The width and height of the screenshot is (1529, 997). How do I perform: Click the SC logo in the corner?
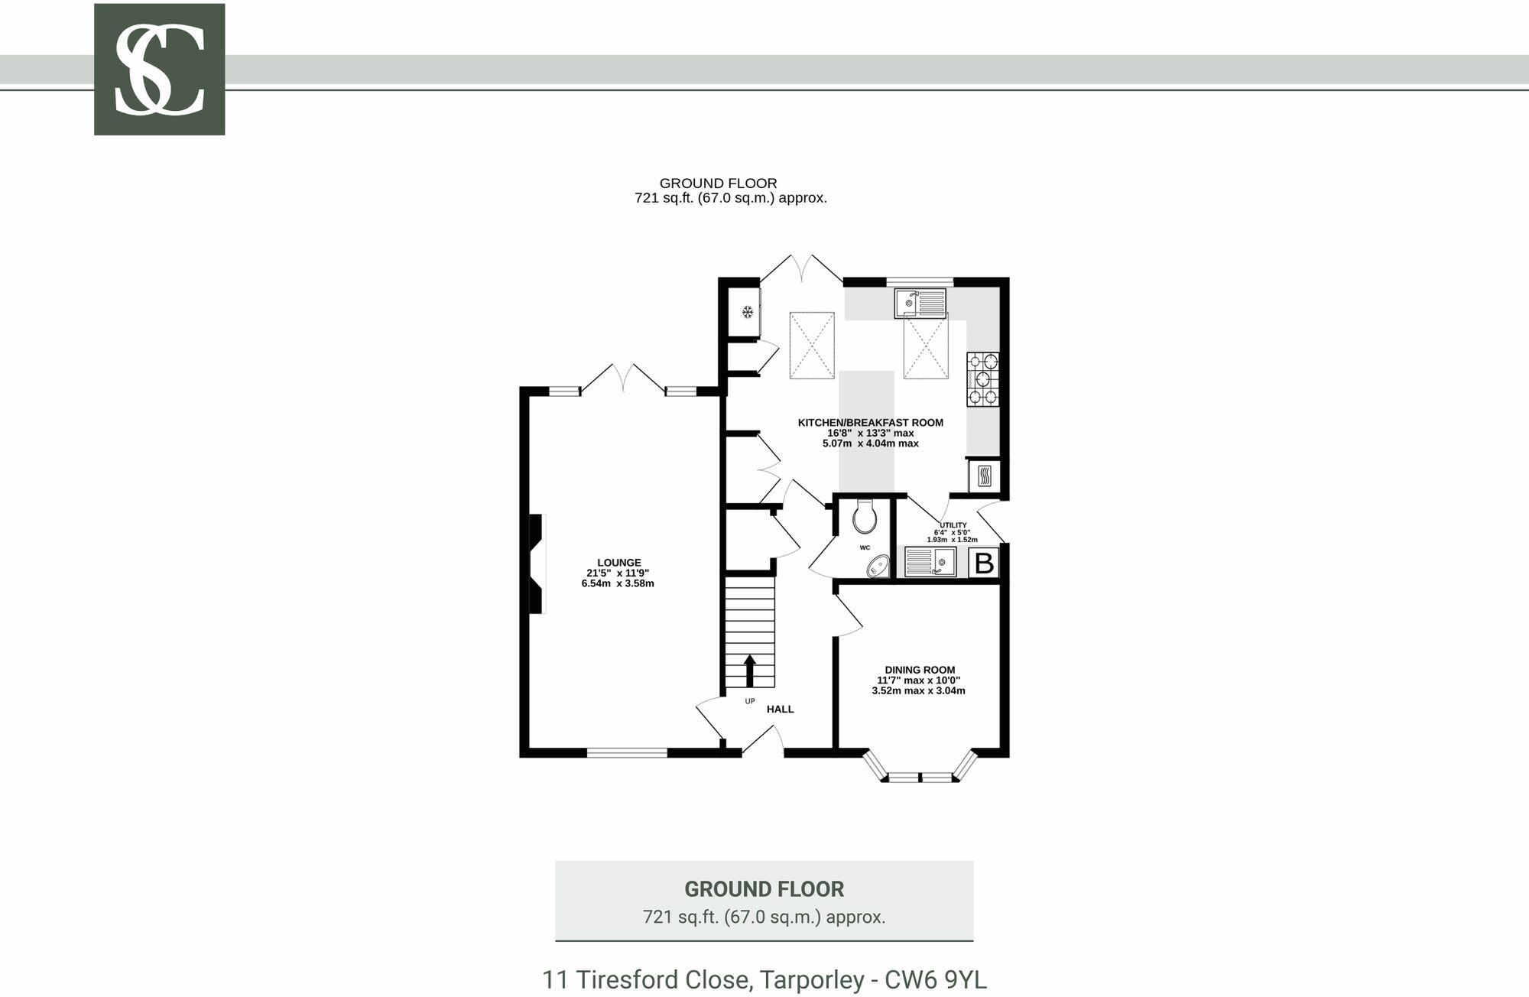pyautogui.click(x=159, y=70)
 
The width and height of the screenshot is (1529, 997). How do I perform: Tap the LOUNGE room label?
pyautogui.click(x=618, y=563)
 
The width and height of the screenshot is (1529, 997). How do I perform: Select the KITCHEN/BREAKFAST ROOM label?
pyautogui.click(x=870, y=423)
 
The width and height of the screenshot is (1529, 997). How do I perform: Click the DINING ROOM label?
pyautogui.click(x=919, y=670)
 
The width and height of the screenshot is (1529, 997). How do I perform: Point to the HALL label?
pyautogui.click(x=780, y=710)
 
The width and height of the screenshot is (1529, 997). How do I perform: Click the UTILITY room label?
pyautogui.click(x=953, y=525)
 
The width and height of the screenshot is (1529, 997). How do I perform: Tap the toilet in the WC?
pyautogui.click(x=865, y=517)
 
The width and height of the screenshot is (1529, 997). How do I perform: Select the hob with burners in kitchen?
pyautogui.click(x=982, y=378)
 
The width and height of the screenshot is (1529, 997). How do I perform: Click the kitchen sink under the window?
pyautogui.click(x=920, y=304)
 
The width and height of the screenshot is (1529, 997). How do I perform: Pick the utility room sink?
pyautogui.click(x=930, y=562)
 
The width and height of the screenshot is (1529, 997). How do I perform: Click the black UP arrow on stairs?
pyautogui.click(x=749, y=671)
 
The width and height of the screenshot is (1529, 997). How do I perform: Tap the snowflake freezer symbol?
pyautogui.click(x=748, y=312)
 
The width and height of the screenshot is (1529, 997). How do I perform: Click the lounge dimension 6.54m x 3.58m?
pyautogui.click(x=618, y=583)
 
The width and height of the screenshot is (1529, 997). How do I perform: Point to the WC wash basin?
pyautogui.click(x=877, y=566)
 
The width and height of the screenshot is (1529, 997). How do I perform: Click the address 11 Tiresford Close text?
pyautogui.click(x=764, y=979)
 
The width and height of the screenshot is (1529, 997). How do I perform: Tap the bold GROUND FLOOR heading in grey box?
pyautogui.click(x=764, y=889)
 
